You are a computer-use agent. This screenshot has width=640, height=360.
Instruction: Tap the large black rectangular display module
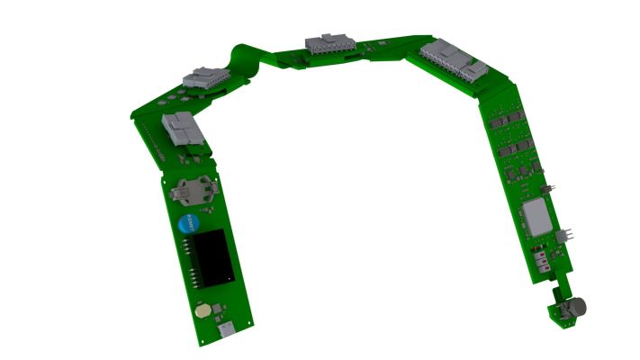(x=212, y=253)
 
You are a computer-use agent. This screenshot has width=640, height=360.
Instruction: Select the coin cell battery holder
(x=192, y=189)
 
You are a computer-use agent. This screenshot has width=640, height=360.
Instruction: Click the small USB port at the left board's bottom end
(x=226, y=330)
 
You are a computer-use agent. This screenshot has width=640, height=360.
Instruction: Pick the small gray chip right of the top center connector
(x=382, y=43)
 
